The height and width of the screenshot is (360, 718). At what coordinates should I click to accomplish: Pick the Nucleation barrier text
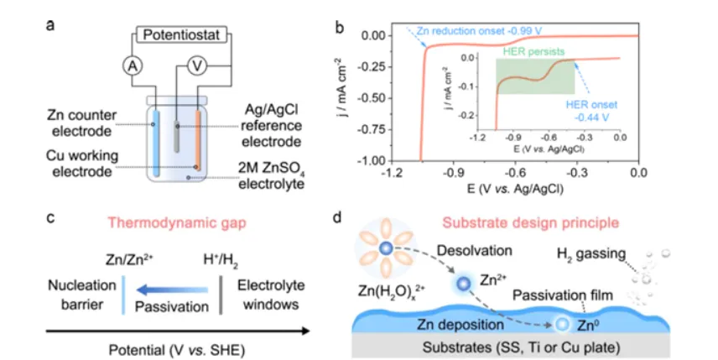pos(76,293)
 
